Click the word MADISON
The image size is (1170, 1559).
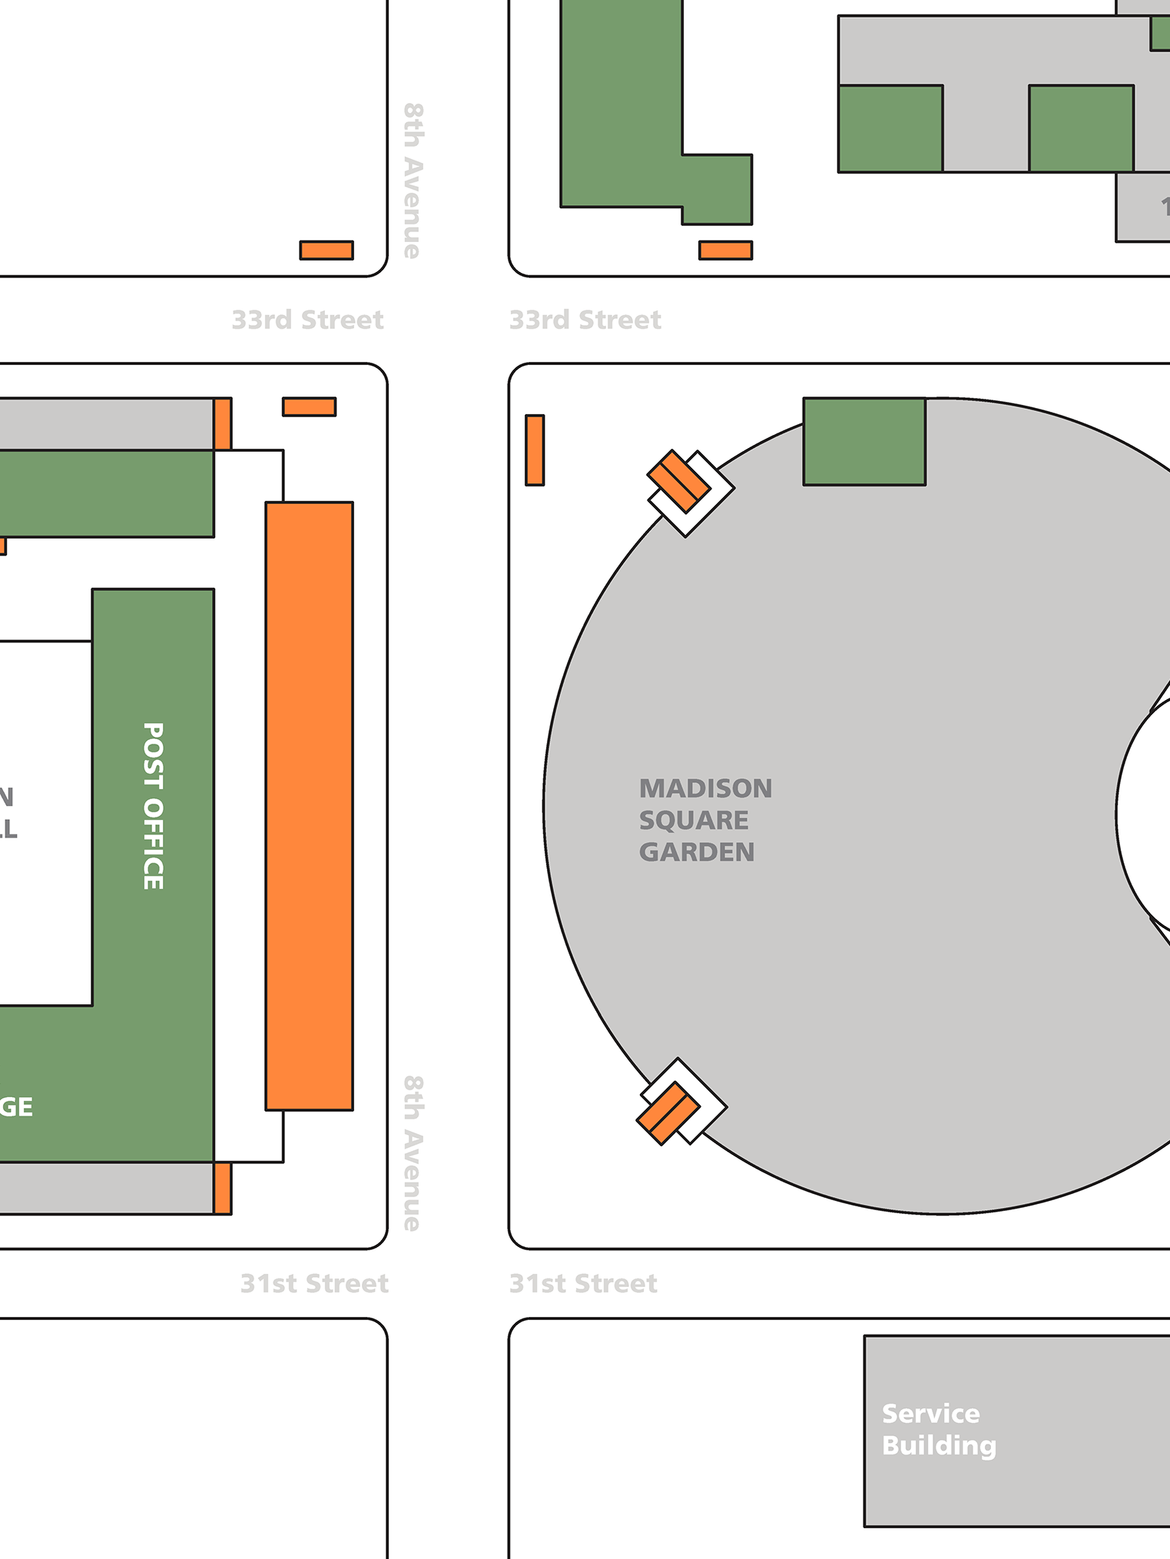pos(705,788)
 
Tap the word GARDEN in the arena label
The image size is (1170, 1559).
pos(696,852)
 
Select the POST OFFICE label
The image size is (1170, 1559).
pos(154,806)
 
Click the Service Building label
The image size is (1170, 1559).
pos(938,1429)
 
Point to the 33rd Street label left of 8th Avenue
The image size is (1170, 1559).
pos(307,320)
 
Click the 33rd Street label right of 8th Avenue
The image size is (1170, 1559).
pos(585,320)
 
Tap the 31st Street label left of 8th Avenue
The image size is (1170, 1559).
pos(314,1283)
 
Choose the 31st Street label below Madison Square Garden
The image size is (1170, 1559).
pos(583,1283)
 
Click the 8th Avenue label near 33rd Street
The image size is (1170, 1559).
pos(413,181)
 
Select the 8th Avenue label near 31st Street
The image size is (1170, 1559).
pos(413,1153)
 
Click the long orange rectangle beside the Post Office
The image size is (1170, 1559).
pos(309,806)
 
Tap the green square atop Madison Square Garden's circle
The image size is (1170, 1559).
pos(864,441)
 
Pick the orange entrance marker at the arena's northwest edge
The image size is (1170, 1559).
pos(678,481)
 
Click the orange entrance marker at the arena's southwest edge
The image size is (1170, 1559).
pos(668,1113)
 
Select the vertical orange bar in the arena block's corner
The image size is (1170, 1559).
pos(535,450)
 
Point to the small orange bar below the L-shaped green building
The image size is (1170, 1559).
pos(725,250)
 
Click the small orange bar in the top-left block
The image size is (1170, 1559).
pos(326,250)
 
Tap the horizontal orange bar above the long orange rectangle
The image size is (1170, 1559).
pos(309,406)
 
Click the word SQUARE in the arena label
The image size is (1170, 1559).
pos(694,821)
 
